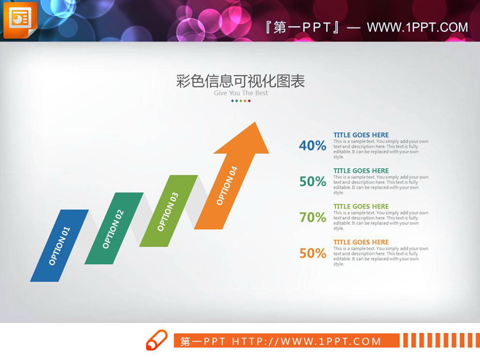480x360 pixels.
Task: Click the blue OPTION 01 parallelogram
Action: (59, 246)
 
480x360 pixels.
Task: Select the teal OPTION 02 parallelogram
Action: (113, 228)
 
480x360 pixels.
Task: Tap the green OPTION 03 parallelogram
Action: (168, 211)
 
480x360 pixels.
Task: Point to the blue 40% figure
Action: (312, 146)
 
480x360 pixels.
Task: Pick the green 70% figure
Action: (312, 217)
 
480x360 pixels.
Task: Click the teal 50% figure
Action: (312, 182)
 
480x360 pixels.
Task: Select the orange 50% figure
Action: (312, 253)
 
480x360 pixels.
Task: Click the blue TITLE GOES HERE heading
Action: (361, 135)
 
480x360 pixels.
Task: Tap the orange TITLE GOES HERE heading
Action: (361, 242)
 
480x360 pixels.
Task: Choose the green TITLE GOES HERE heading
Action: (361, 207)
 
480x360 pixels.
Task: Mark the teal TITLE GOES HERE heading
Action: (361, 171)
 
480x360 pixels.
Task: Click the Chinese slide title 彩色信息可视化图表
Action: (240, 81)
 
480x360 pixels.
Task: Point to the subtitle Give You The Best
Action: (241, 93)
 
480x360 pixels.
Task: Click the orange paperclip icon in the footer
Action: (157, 340)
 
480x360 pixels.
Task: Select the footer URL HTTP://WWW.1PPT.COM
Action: (307, 341)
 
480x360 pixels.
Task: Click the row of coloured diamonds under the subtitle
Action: (240, 101)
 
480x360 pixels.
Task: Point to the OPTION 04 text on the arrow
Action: (227, 185)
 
